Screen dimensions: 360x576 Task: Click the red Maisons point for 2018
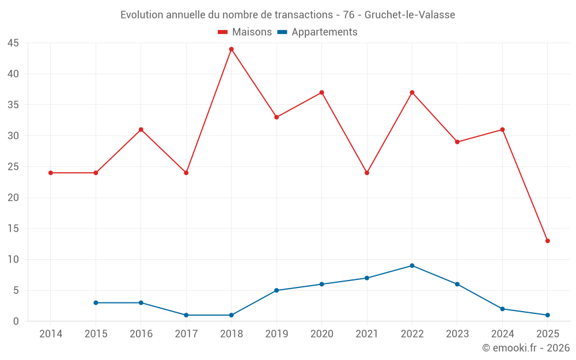point(232,49)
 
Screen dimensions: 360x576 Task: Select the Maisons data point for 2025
point(548,241)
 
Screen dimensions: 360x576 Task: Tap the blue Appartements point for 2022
point(412,266)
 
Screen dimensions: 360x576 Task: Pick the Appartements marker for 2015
point(96,302)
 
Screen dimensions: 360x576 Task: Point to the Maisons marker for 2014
point(51,173)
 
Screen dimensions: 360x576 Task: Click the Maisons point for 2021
point(367,173)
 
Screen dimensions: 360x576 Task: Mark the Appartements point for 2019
point(276,290)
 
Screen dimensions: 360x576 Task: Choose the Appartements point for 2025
point(548,315)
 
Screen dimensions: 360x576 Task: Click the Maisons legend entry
point(245,32)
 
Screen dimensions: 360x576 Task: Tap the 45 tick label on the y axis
point(13,43)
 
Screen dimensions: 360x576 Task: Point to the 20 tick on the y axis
point(13,198)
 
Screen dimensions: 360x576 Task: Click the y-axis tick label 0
point(16,321)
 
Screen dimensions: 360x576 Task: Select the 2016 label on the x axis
point(141,334)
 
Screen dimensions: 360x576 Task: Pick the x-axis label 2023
point(457,334)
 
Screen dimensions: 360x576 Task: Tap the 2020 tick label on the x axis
point(321,334)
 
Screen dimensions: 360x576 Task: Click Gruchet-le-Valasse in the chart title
point(410,15)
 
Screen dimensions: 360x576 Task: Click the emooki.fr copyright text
point(526,348)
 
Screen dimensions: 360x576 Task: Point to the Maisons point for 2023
point(457,142)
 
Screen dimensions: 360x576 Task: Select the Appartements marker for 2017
point(186,315)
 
